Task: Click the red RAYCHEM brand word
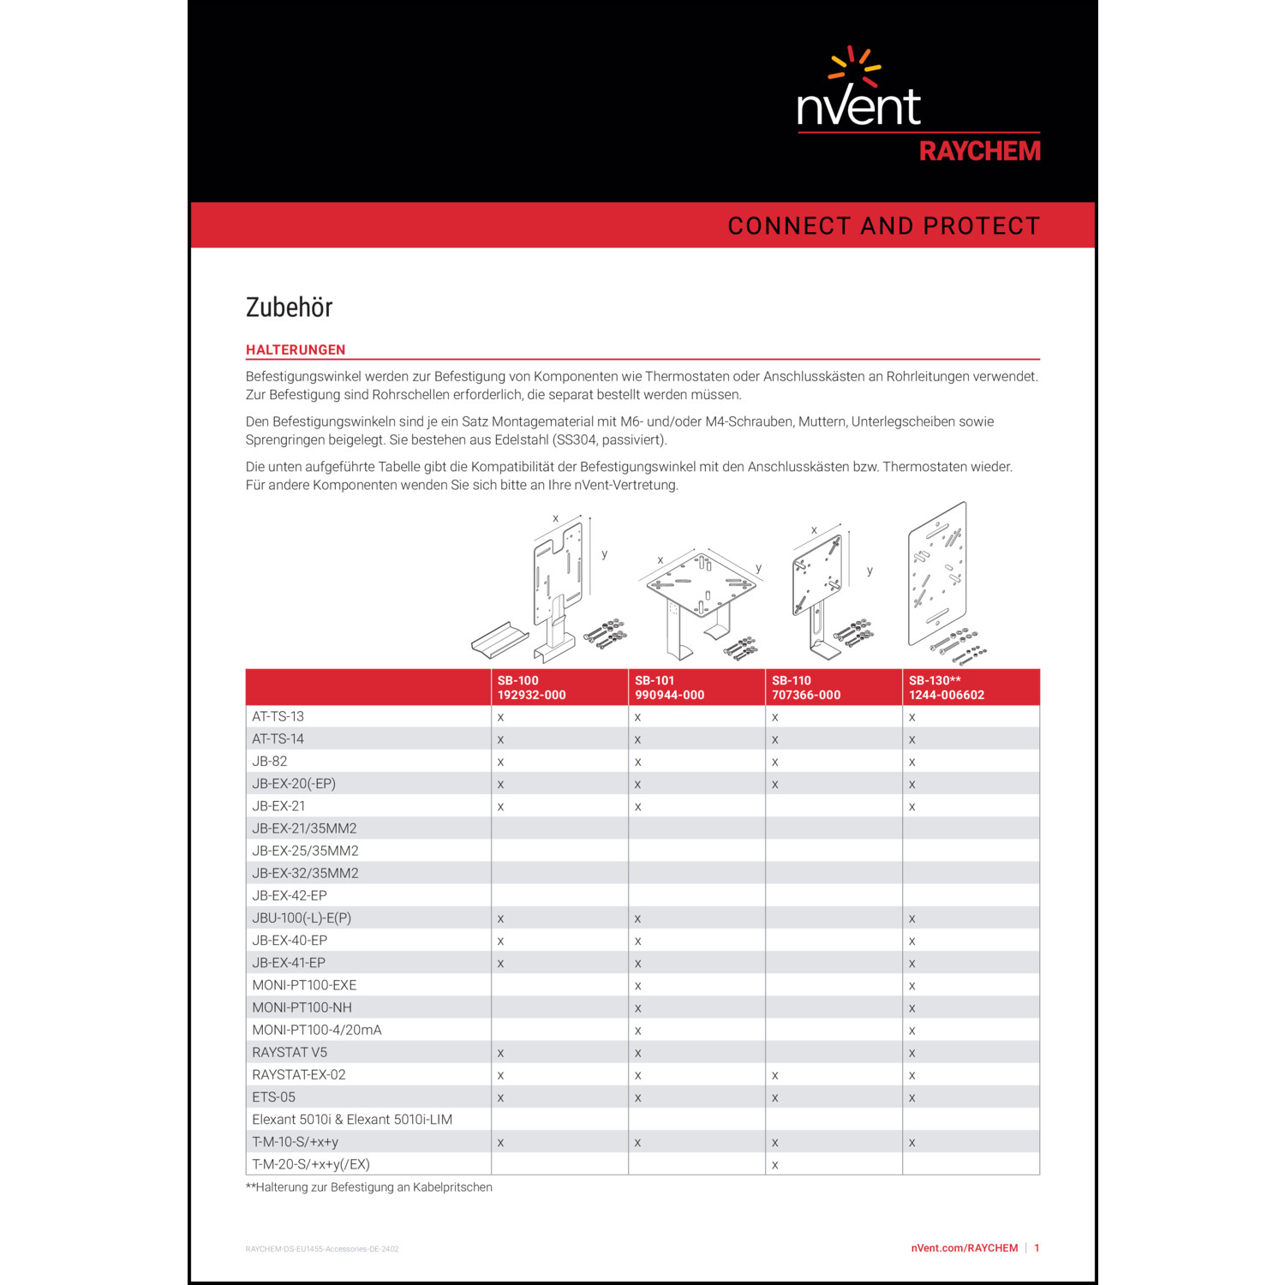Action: coord(979,152)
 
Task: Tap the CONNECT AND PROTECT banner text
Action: coord(883,226)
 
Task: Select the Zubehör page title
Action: coord(289,308)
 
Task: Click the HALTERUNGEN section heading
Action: coord(296,350)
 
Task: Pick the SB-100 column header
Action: coord(531,687)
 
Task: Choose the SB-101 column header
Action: coord(669,687)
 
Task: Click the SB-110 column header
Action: coord(806,687)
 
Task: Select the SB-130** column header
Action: coord(947,687)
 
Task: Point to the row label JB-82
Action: coord(270,762)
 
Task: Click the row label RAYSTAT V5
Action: coord(290,1053)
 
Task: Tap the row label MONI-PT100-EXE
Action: coord(304,985)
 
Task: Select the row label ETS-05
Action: coord(273,1097)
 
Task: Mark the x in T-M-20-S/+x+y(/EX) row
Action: coord(775,1165)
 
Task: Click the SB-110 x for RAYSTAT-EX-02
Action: coord(775,1075)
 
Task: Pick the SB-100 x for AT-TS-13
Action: coord(500,717)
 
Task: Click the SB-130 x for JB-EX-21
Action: coord(912,807)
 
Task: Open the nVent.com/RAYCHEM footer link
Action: coord(964,1248)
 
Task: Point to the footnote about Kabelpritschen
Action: coord(369,1187)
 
